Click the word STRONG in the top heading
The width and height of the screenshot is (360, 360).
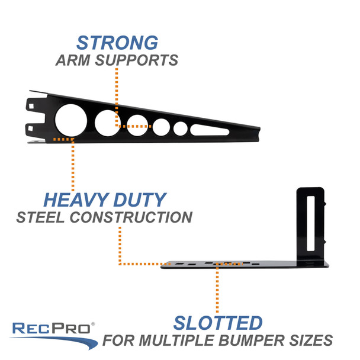point(117,43)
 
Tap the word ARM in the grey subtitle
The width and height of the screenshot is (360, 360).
point(73,60)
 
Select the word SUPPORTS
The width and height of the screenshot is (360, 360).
point(137,60)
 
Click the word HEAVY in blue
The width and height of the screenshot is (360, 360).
point(76,200)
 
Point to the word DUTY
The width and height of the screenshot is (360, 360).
point(140,200)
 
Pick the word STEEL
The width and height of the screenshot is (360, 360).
point(40,217)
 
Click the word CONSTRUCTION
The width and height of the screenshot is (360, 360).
point(131,217)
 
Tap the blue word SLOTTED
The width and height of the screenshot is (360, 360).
point(218,323)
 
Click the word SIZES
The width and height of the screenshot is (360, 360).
point(311,340)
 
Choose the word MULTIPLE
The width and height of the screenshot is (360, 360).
point(176,340)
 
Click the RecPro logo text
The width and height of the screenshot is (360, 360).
point(51,328)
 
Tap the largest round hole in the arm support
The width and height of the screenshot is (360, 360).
point(71,120)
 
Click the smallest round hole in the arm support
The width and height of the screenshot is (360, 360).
point(181,128)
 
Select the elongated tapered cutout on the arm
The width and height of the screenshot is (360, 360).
point(210,130)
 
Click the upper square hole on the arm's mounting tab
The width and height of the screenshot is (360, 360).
point(31,107)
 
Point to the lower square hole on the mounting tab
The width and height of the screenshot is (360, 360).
point(31,128)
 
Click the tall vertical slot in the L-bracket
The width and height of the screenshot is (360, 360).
point(311,223)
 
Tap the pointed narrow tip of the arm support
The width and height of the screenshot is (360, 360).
point(259,134)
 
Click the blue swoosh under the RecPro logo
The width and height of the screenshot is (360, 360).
point(55,342)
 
